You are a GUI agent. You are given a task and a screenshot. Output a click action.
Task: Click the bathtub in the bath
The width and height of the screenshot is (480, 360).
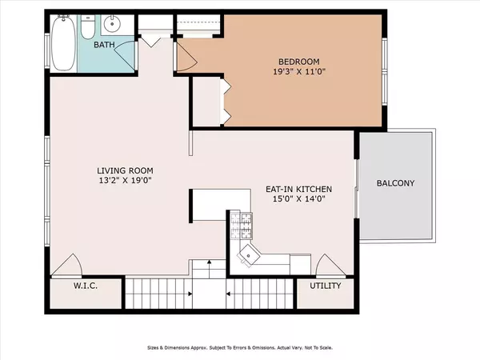click(x=64, y=43)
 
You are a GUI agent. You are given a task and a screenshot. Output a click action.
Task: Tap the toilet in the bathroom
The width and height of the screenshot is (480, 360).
click(x=88, y=27)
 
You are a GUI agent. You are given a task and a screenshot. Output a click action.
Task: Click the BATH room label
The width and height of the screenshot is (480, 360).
click(x=104, y=45)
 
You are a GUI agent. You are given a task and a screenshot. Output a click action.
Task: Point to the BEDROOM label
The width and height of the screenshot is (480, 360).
click(x=298, y=62)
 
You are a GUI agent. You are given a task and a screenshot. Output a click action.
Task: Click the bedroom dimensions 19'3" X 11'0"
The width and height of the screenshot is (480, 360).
click(x=298, y=72)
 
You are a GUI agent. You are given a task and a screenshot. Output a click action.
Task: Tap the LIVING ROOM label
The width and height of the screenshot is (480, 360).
click(x=125, y=170)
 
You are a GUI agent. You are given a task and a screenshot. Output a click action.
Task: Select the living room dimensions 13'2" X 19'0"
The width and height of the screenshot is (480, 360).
click(x=125, y=180)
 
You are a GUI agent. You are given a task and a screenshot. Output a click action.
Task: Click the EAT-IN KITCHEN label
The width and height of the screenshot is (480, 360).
click(x=298, y=189)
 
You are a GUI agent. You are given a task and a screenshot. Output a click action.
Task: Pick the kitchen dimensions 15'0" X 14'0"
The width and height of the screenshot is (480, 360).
click(x=298, y=199)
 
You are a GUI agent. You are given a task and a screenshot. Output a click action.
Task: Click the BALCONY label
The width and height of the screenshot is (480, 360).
click(x=395, y=183)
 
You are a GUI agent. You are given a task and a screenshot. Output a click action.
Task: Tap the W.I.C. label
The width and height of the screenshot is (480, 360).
click(x=86, y=286)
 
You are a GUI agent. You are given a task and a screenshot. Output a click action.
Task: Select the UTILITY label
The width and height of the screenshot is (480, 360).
click(x=325, y=286)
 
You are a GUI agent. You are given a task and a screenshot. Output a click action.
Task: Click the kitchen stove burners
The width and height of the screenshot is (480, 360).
click(x=242, y=226)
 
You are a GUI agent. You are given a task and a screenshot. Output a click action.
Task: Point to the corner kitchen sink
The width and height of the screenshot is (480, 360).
click(x=249, y=254)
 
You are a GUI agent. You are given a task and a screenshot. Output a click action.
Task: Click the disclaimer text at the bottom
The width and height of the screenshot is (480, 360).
click(x=240, y=348)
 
